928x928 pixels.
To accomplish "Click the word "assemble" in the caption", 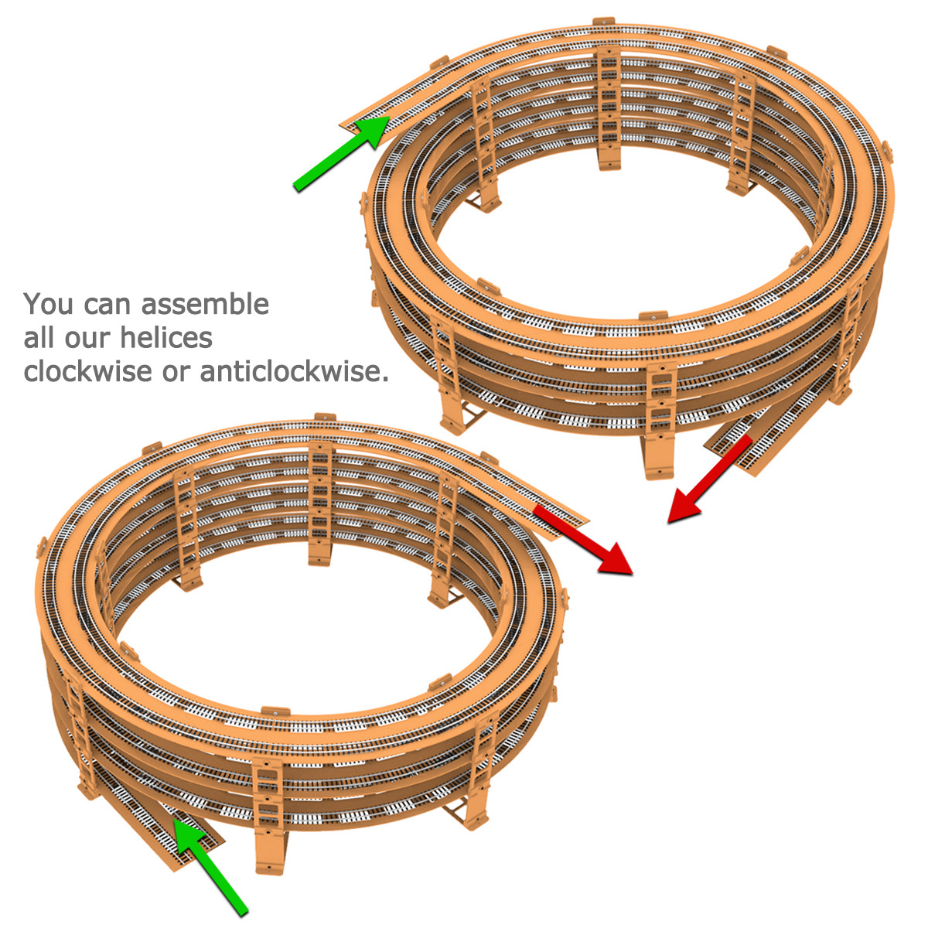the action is point(205,305).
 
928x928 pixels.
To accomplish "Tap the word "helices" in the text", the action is point(165,338).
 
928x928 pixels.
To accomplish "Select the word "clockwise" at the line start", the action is point(87,371).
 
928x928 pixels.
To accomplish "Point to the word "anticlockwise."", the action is point(294,371).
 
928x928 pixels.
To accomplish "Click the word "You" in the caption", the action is point(49,305).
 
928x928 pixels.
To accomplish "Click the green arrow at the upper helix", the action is point(342,154).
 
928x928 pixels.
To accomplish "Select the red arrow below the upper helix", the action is point(709,479).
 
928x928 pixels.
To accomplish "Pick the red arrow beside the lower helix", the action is point(584,541).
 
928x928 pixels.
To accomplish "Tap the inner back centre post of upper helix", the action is point(609,108).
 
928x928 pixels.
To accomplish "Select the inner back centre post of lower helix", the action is point(319,503).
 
